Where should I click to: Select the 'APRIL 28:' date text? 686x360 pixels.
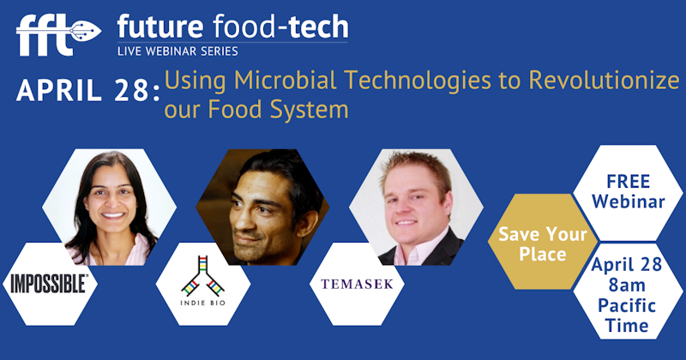tap(81, 92)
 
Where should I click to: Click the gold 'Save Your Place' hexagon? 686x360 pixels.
tap(543, 243)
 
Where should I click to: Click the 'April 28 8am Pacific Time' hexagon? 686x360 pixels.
tap(628, 295)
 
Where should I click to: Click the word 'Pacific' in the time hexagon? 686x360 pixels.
tap(628, 306)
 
